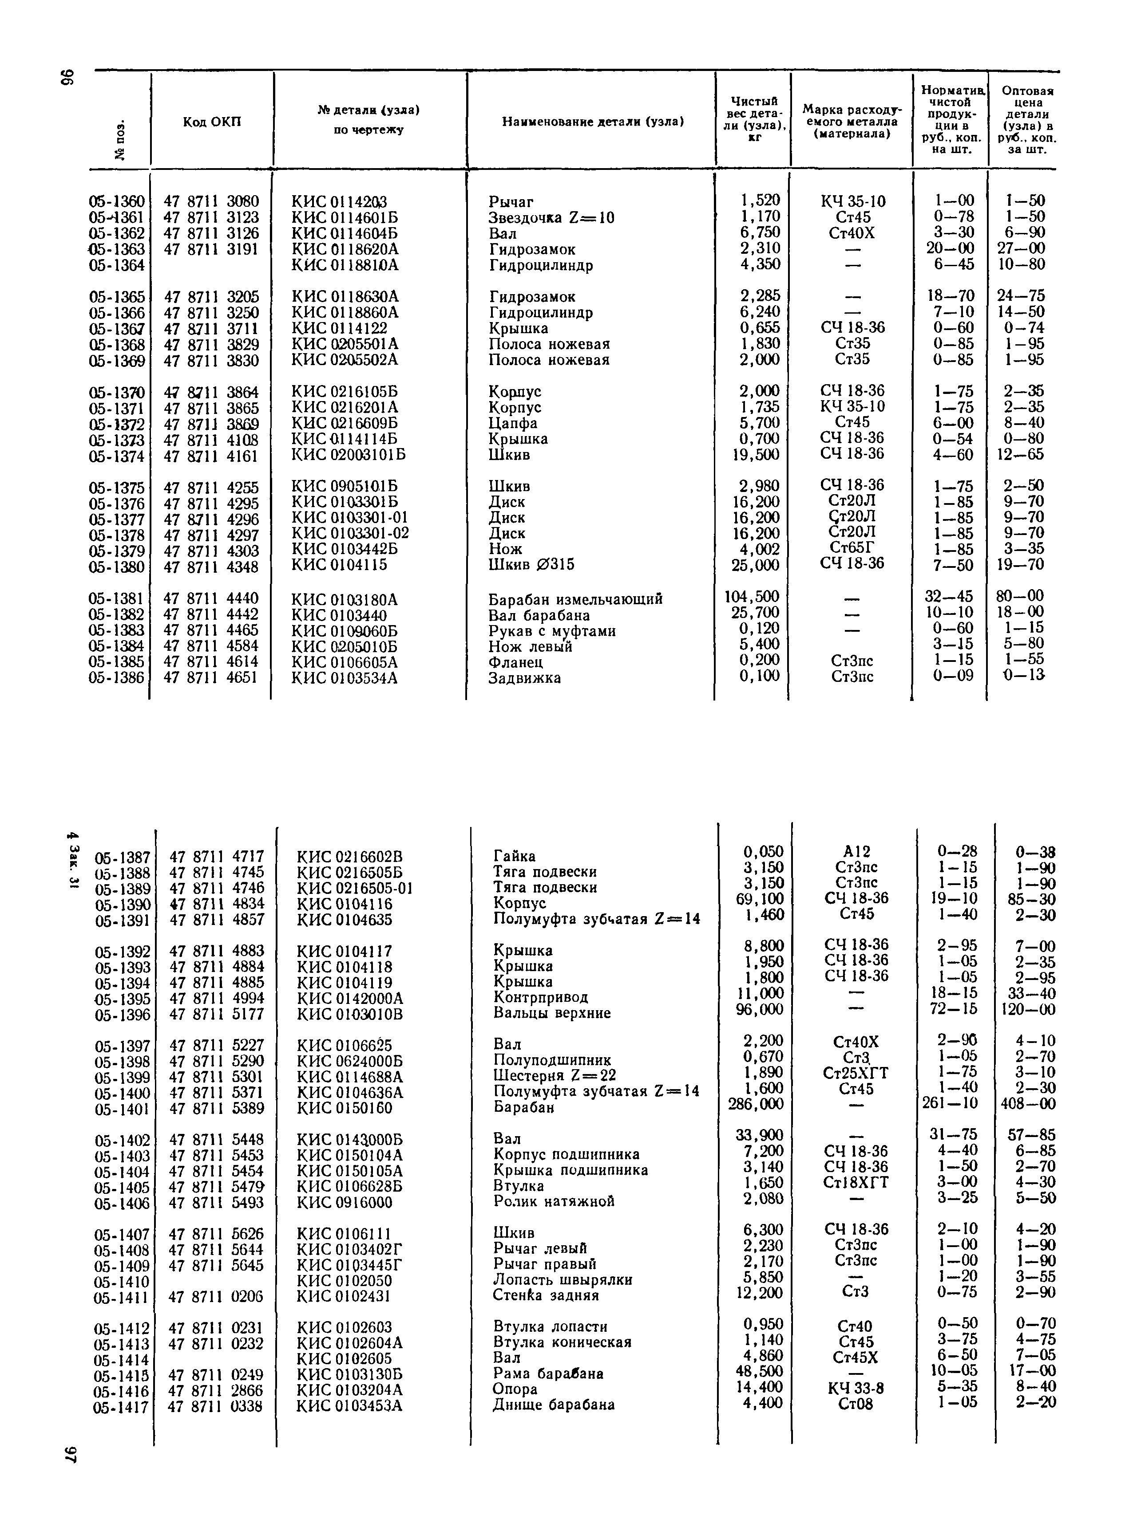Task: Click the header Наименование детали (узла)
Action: coord(593,122)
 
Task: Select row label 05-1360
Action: coord(117,201)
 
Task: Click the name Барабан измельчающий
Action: coord(575,599)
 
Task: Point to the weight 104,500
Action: coord(752,597)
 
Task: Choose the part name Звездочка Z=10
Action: coord(551,218)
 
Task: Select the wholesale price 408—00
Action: coord(1028,1104)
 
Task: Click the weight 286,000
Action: coord(756,1104)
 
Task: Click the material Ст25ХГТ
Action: coord(856,1073)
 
